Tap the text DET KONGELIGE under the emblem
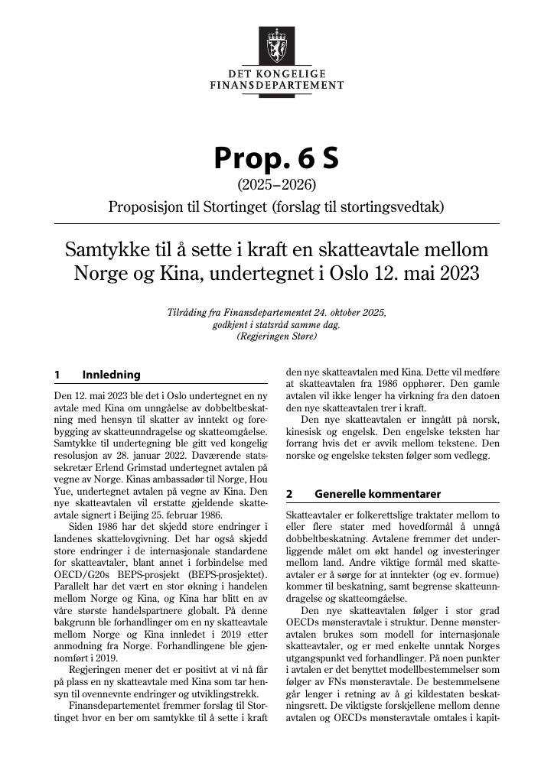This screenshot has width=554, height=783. tap(276, 74)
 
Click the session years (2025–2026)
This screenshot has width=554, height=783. tap(276, 184)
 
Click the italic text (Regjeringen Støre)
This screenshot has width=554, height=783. tap(276, 336)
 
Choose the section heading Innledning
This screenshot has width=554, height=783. tap(111, 375)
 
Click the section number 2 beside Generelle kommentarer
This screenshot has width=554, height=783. tap(289, 494)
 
